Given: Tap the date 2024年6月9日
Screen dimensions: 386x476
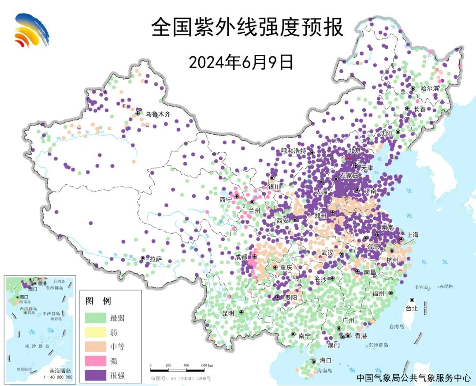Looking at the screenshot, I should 241,63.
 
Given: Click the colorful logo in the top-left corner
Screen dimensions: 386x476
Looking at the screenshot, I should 31,30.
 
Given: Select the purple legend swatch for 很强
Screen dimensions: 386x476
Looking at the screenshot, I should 96,375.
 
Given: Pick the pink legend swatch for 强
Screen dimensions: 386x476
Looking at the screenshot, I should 96,361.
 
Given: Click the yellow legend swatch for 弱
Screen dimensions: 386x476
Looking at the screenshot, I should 96,332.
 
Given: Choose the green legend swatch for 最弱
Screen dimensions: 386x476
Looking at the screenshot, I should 96,318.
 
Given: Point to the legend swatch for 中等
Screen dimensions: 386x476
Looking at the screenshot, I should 96,347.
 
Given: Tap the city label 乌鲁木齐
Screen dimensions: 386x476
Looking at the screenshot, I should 158,114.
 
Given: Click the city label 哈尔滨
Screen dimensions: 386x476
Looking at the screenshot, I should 430,88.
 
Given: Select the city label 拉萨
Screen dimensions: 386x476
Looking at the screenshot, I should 156,260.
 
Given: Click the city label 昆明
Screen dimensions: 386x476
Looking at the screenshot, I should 228,313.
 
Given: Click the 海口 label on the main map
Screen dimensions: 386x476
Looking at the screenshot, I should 325,360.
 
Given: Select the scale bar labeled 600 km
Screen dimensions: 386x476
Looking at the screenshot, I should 182,366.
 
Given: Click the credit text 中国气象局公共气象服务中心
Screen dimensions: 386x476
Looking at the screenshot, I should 413,378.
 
